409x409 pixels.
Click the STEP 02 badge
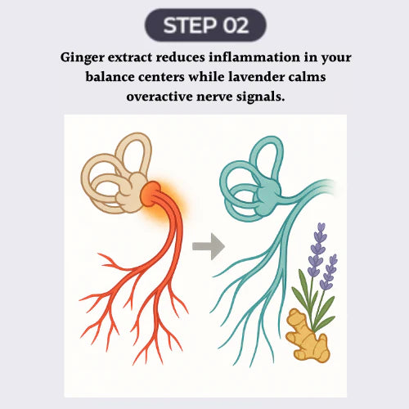pyautogui.click(x=205, y=25)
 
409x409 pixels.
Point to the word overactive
pyautogui.click(x=160, y=97)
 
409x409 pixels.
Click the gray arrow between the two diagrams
pyautogui.click(x=209, y=246)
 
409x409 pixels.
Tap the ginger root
pyautogui.click(x=308, y=336)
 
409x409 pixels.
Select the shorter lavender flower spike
pyautogui.click(x=330, y=272)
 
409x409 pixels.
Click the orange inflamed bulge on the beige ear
pyautogui.click(x=151, y=194)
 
